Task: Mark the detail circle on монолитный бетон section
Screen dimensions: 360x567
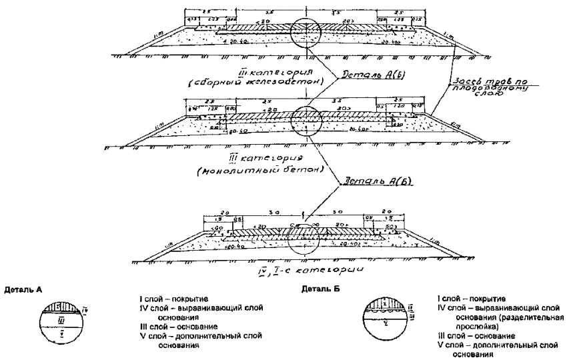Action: (x=306, y=118)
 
